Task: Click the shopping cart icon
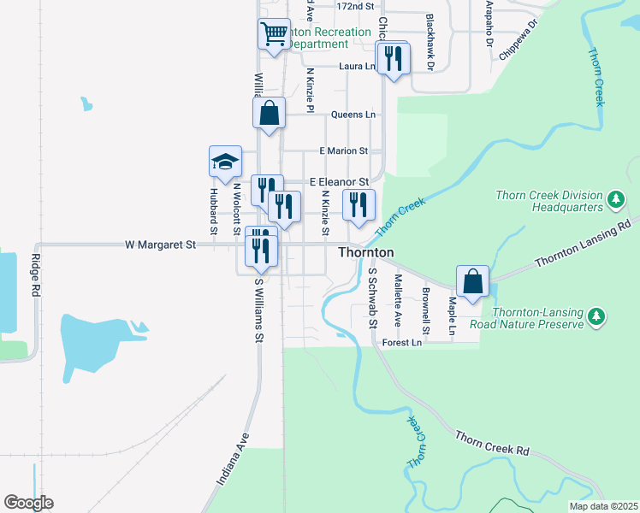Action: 274,35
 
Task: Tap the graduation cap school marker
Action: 226,162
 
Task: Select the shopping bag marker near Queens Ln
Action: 269,113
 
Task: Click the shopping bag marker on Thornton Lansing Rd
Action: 472,280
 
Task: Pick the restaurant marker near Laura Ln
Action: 393,58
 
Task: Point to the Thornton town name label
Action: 365,253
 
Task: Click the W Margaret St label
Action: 161,245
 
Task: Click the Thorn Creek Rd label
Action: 493,444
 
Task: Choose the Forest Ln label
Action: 403,343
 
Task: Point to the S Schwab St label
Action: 372,298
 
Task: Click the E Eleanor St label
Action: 339,182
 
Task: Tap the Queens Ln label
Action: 353,115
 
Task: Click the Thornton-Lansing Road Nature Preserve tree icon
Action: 596,319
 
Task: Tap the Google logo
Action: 28,503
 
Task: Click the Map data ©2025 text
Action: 604,507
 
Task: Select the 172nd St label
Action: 356,6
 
